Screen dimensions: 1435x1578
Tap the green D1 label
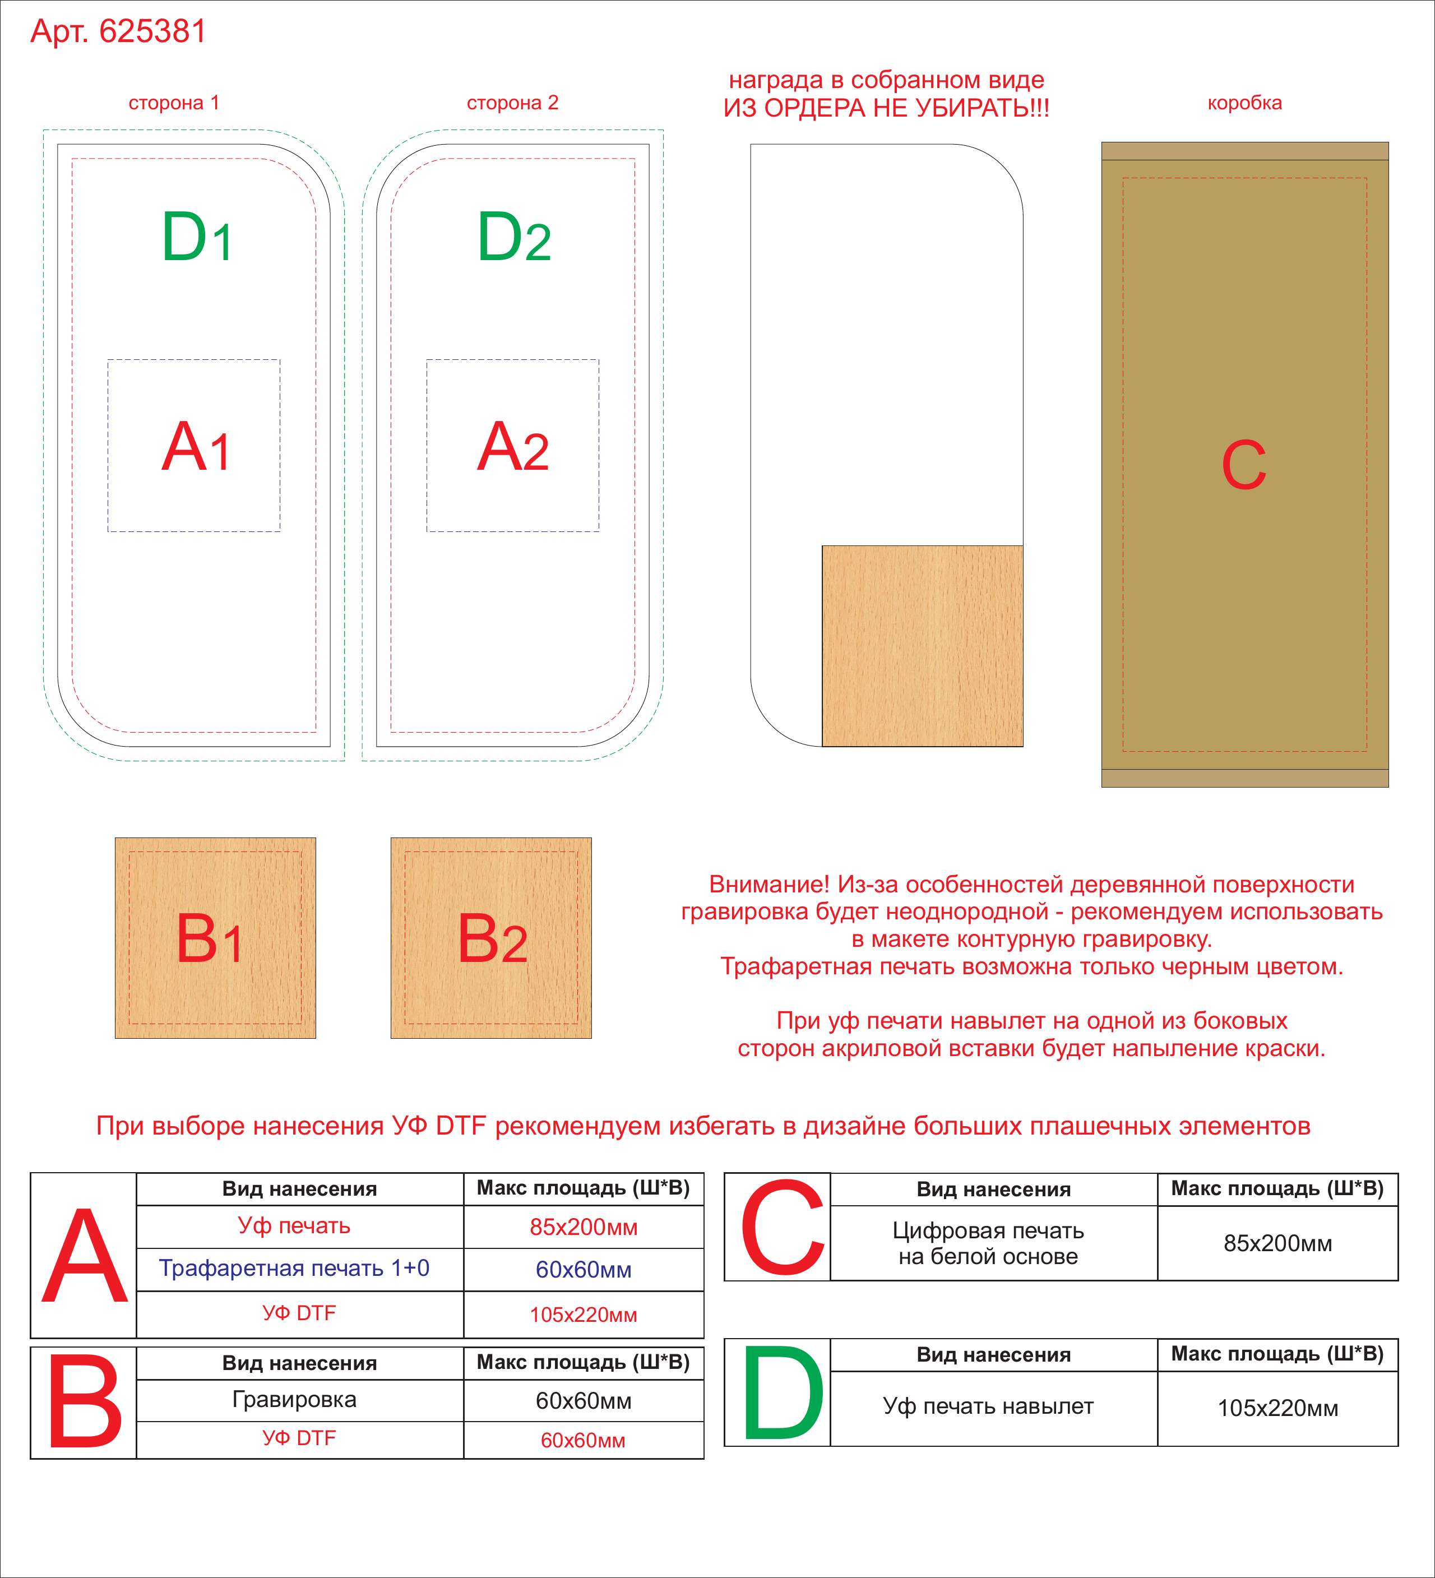tap(197, 237)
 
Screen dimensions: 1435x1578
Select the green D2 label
tap(513, 237)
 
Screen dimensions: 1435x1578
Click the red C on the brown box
tap(1244, 465)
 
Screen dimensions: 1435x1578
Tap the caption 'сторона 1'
tap(174, 103)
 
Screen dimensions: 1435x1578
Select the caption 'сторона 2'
tap(513, 103)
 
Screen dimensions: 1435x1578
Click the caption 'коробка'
tap(1245, 103)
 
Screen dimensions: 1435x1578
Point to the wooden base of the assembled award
tap(922, 646)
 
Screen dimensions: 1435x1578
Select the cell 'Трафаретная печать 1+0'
tap(294, 1268)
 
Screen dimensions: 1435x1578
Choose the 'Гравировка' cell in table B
tap(294, 1400)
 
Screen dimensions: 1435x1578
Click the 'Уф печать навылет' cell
tap(988, 1406)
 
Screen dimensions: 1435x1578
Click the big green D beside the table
tap(783, 1392)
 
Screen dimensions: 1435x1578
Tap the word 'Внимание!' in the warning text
tap(769, 885)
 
